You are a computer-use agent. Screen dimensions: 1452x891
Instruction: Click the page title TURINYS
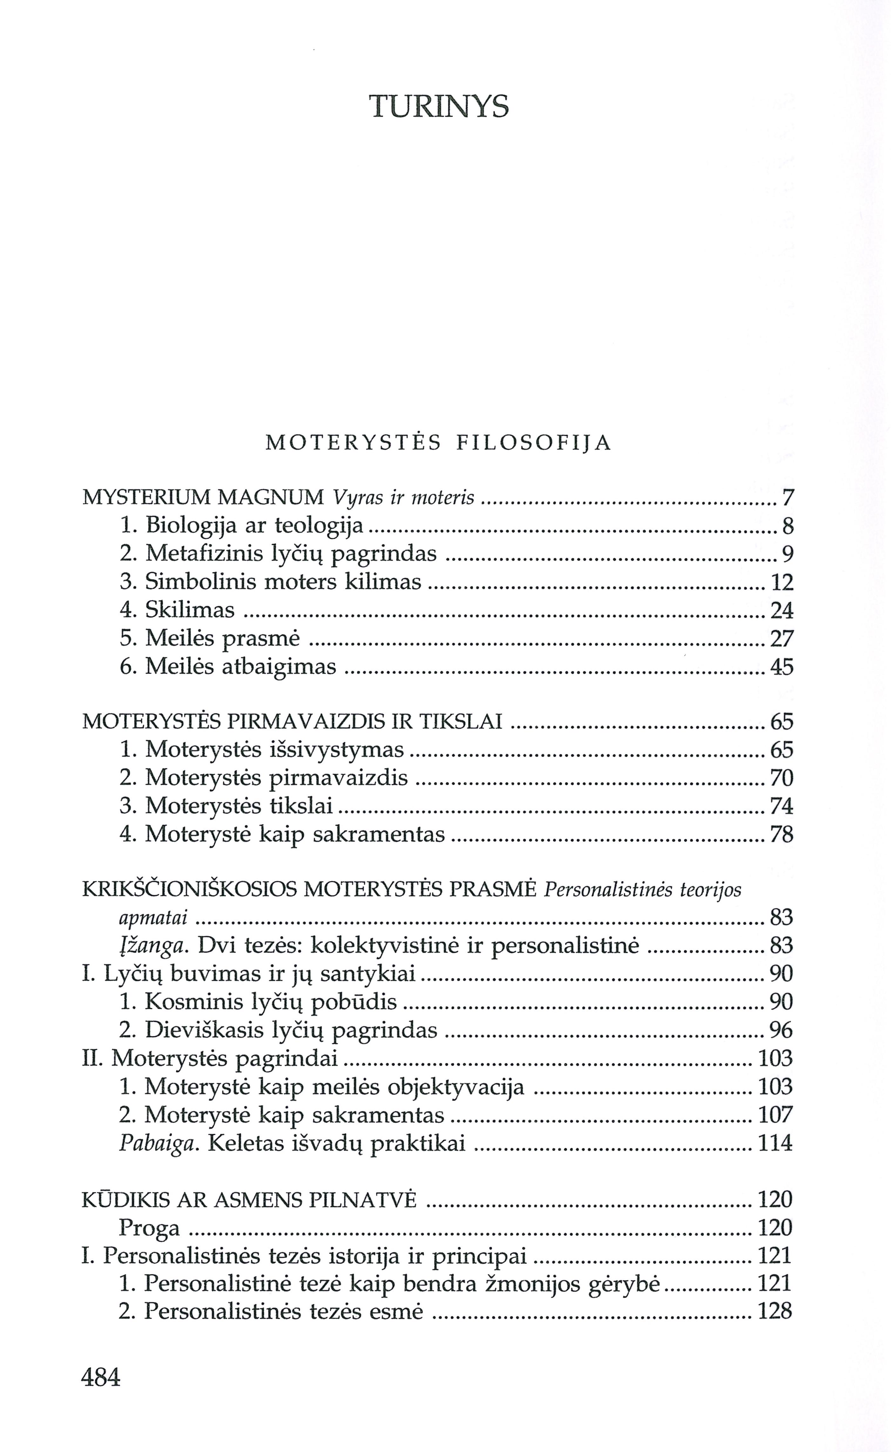coord(439,107)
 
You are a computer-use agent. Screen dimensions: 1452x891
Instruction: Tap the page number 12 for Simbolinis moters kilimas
coord(782,583)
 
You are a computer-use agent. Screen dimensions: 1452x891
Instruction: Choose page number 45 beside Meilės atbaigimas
coord(782,667)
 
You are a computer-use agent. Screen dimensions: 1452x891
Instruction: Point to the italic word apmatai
coord(153,918)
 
